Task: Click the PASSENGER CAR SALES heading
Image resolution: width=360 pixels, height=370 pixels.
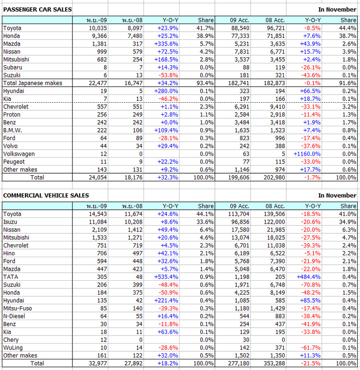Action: point(37,9)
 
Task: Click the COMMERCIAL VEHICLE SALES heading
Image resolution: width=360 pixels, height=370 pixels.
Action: point(46,195)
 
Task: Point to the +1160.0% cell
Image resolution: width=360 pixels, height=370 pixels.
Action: point(306,154)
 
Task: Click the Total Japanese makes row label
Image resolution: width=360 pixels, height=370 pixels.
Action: point(33,83)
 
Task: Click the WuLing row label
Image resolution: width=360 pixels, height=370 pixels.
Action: point(12,347)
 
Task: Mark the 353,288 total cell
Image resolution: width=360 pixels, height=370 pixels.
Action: point(274,363)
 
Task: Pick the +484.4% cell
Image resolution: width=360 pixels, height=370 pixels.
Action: point(308,276)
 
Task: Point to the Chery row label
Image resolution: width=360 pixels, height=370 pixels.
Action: point(11,339)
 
